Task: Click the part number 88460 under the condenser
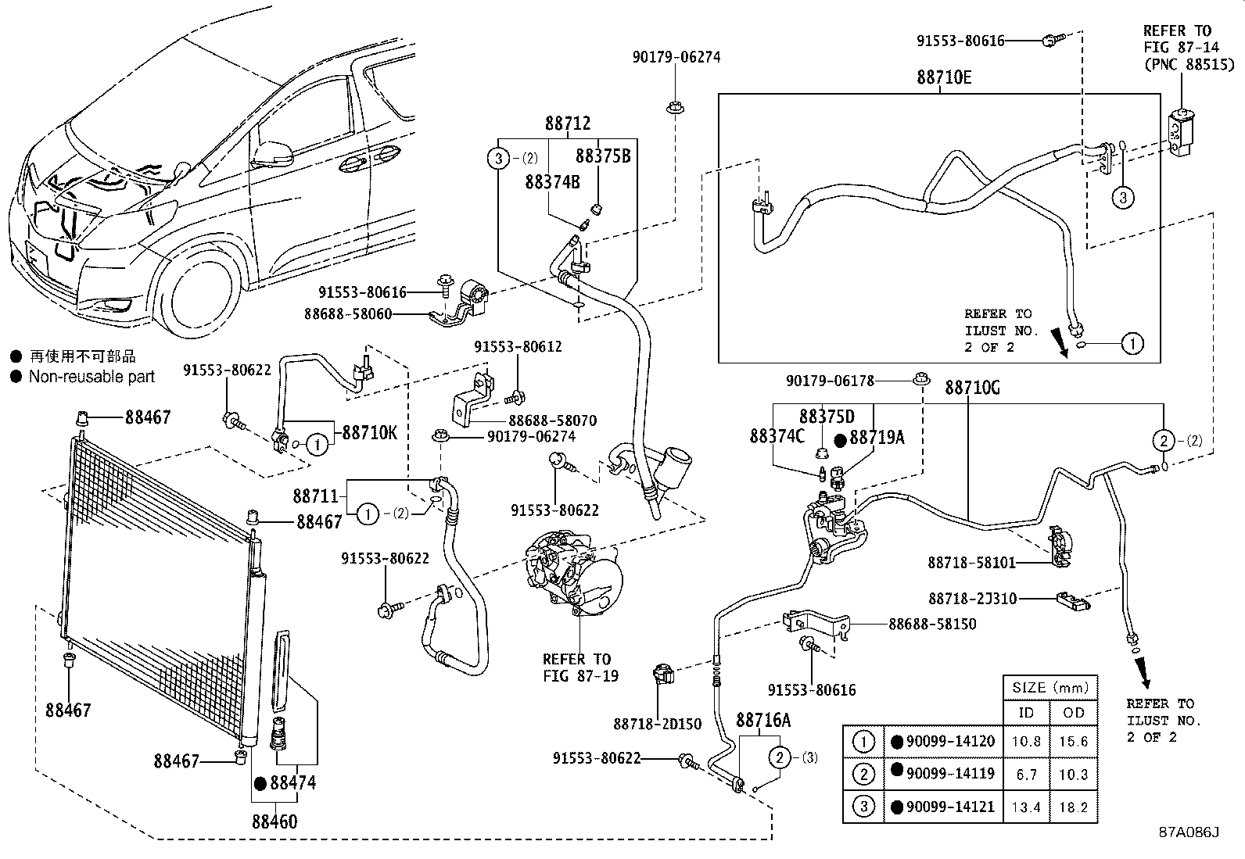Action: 274,821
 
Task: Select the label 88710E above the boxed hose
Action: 945,77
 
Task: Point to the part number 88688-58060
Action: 348,314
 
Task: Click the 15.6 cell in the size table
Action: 1073,741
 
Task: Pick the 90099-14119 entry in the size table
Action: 950,774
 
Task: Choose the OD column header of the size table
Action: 1073,712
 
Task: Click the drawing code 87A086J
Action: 1189,832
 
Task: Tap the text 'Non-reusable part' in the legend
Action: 91,377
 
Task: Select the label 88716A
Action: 763,720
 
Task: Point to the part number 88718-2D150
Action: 658,724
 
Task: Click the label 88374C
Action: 777,436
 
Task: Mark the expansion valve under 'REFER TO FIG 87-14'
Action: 1182,134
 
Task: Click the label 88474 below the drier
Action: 293,783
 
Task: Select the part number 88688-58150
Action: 932,624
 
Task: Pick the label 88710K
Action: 370,432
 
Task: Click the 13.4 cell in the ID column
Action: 1026,807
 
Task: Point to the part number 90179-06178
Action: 830,381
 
